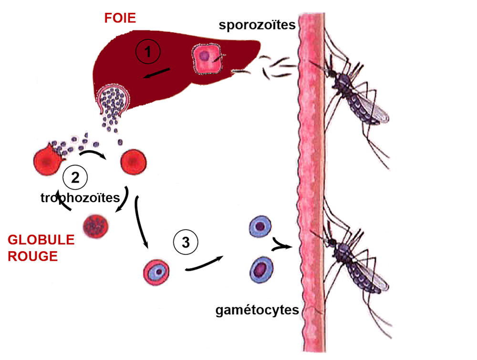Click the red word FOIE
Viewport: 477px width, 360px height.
[120, 18]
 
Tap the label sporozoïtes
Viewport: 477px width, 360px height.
[258, 25]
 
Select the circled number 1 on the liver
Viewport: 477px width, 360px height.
[148, 51]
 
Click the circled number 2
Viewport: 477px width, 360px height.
[75, 177]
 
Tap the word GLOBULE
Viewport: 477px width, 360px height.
[41, 240]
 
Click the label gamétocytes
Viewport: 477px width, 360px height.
[257, 311]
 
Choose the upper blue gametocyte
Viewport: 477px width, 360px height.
[260, 226]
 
